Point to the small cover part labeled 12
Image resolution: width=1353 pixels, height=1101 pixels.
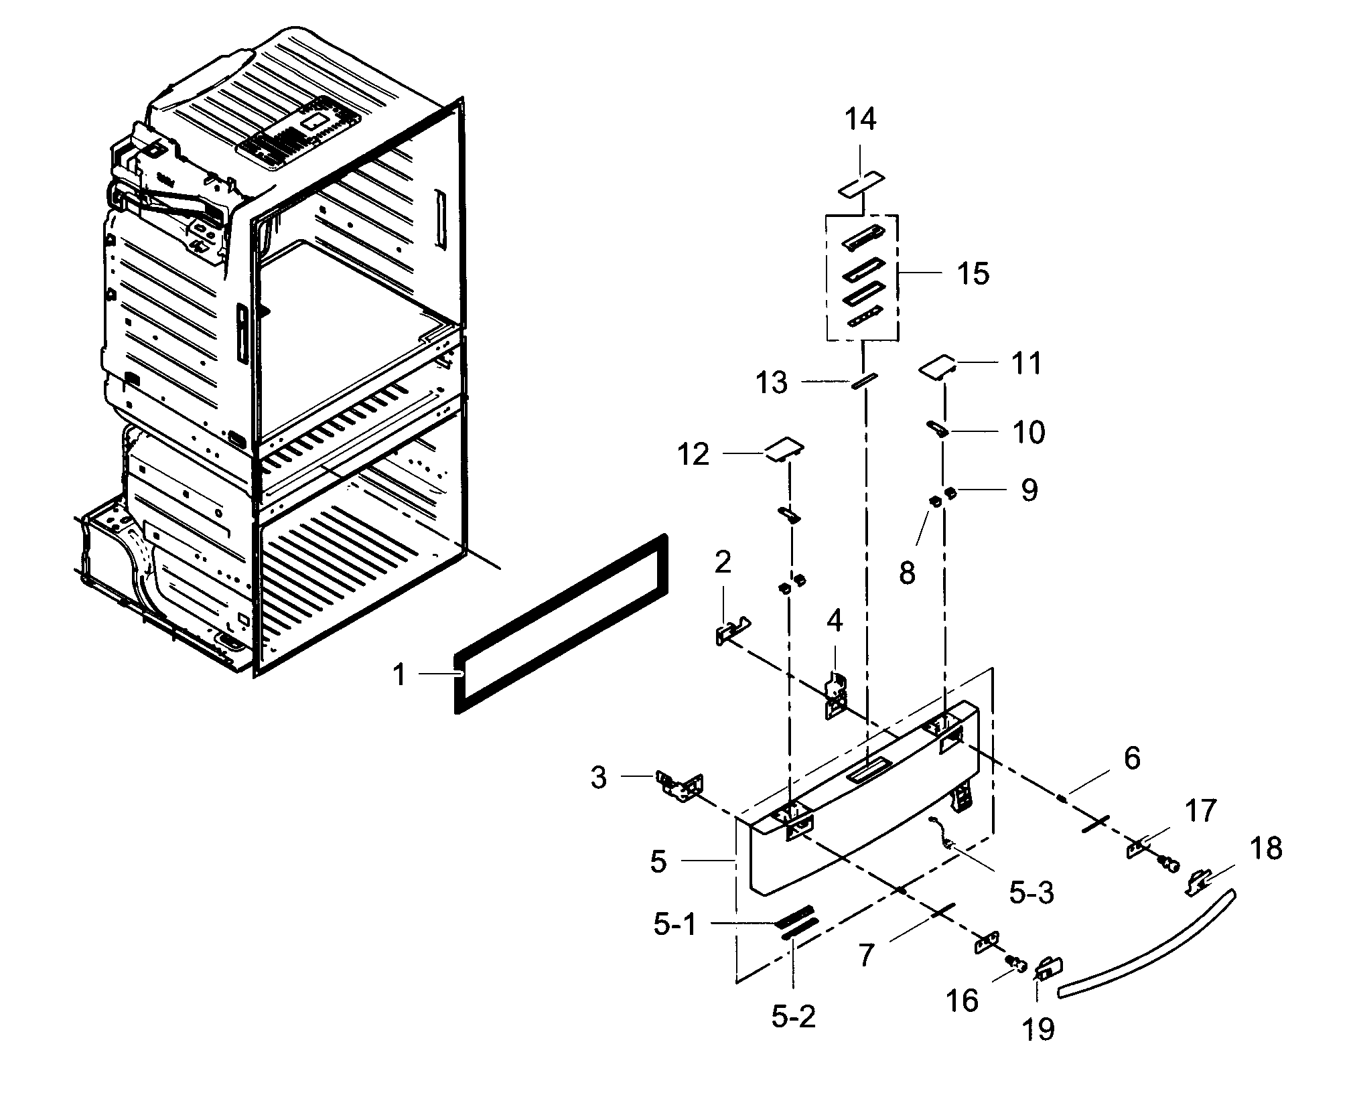(784, 449)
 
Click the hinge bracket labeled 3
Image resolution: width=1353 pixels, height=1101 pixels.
(681, 785)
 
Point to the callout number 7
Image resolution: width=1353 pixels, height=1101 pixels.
(866, 956)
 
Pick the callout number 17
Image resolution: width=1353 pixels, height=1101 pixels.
(1201, 810)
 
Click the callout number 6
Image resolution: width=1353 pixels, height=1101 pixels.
(1131, 759)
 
